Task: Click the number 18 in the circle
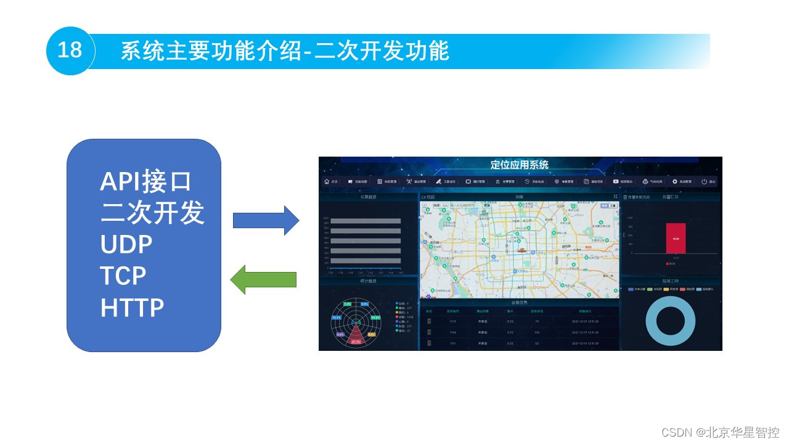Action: tap(70, 50)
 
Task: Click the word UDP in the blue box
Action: tap(126, 245)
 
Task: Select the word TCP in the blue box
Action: tap(123, 276)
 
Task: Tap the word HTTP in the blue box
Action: tap(132, 307)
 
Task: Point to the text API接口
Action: tap(146, 182)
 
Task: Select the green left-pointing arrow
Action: tap(263, 279)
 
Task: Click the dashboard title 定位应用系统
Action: tap(519, 165)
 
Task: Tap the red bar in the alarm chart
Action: tap(675, 238)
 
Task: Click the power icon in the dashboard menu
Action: tap(704, 182)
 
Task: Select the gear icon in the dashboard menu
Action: tap(675, 182)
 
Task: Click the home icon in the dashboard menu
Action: tap(327, 182)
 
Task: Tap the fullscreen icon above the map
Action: tap(615, 197)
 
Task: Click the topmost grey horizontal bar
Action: tap(366, 221)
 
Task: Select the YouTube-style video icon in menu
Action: tap(616, 182)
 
